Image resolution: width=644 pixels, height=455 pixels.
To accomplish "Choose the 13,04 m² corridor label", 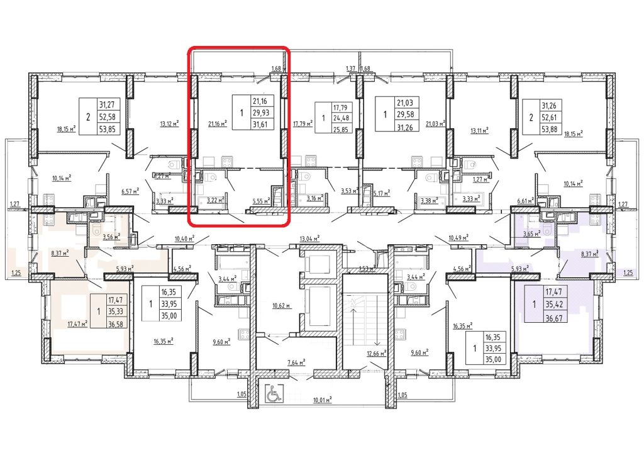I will (310, 239).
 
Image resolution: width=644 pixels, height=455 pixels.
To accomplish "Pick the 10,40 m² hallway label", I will (183, 239).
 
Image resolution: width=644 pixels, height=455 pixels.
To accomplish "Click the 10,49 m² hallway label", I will (458, 239).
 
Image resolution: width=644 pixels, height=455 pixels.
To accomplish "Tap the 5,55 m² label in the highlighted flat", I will (260, 200).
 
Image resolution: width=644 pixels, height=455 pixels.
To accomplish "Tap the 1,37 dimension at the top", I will (351, 68).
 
